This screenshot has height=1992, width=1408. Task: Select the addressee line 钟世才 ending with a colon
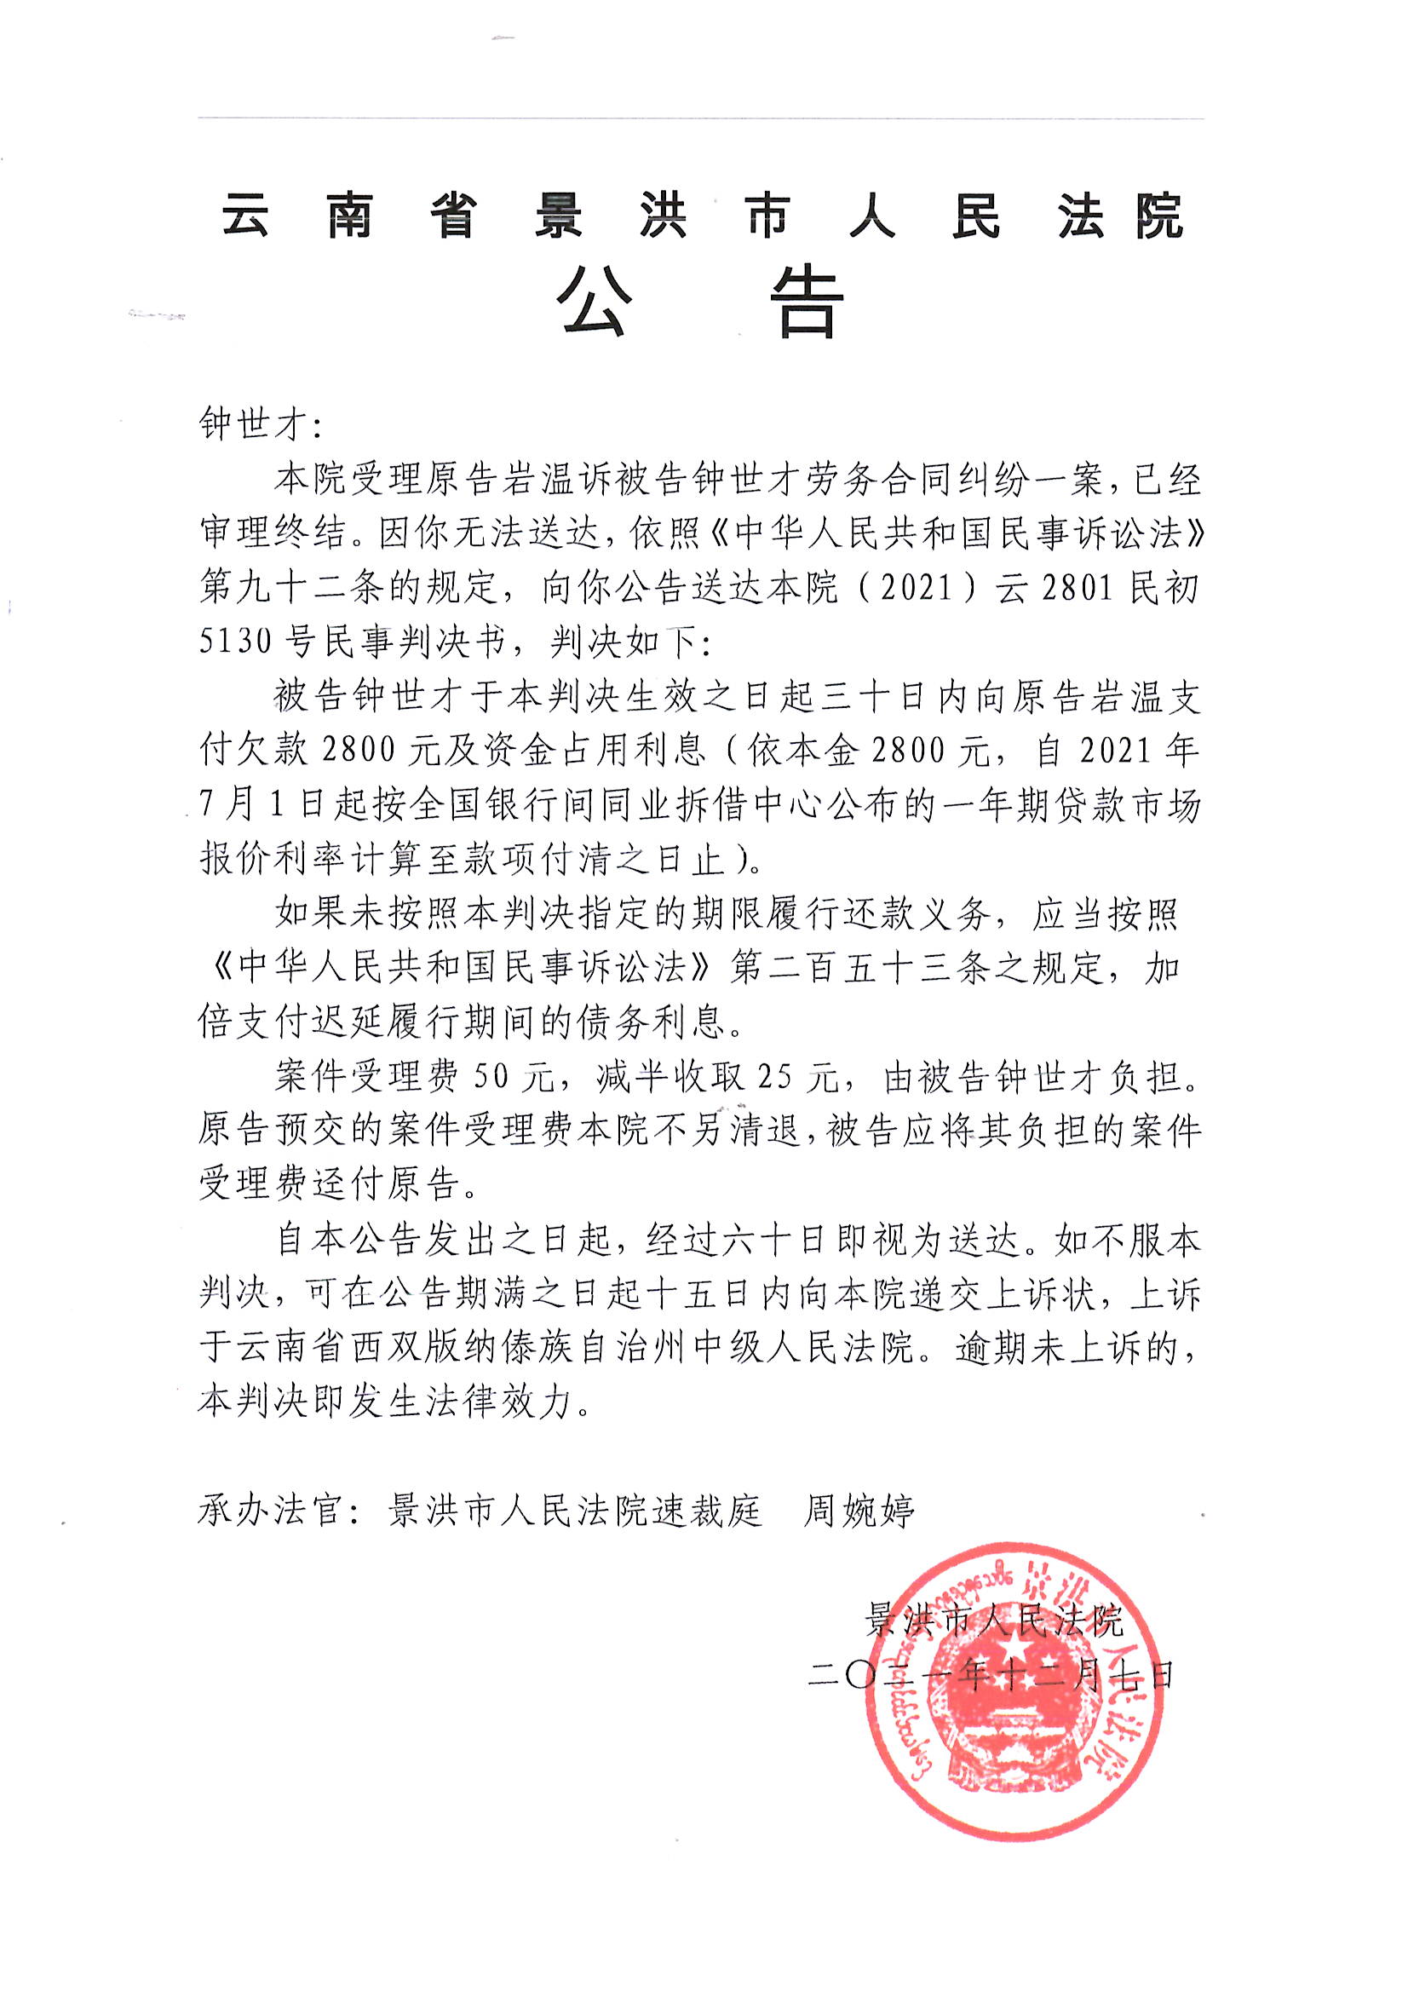click(x=261, y=425)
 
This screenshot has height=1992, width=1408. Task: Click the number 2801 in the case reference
click(x=1077, y=588)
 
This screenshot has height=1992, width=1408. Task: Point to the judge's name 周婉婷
click(x=859, y=1511)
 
